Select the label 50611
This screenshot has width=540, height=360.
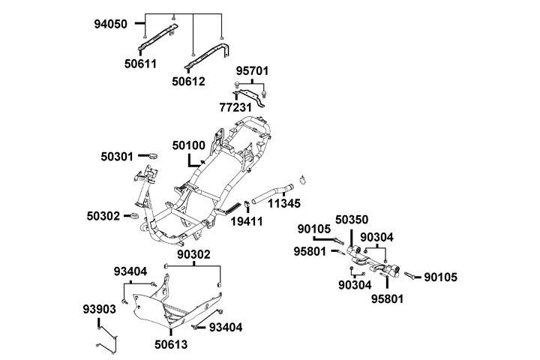click(x=140, y=64)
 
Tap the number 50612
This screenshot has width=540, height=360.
click(x=187, y=80)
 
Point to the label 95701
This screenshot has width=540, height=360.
click(x=252, y=70)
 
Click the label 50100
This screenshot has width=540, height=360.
click(x=188, y=144)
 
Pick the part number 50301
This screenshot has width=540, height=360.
click(x=117, y=157)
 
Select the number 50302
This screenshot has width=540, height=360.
click(x=103, y=215)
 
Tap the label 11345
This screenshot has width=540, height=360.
click(x=284, y=203)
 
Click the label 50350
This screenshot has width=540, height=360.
click(x=352, y=220)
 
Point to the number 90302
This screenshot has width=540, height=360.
click(x=193, y=255)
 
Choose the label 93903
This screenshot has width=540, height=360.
click(x=99, y=309)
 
